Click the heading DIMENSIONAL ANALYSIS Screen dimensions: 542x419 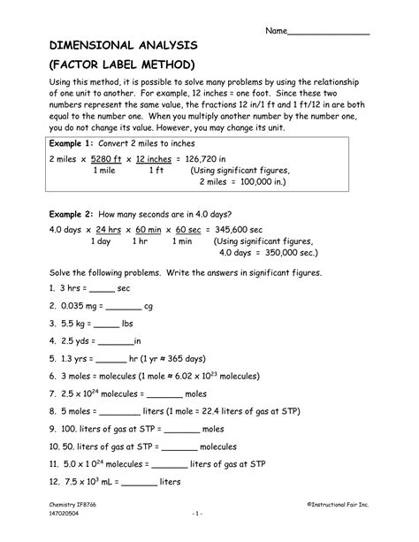point(111,44)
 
